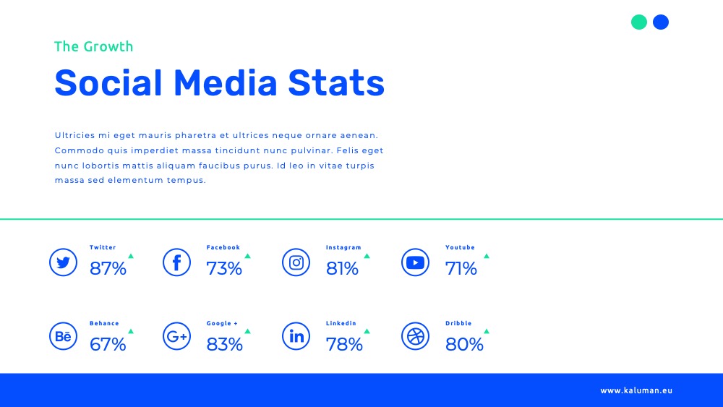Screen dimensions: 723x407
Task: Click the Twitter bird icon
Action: [63, 262]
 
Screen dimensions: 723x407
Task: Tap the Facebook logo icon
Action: [176, 262]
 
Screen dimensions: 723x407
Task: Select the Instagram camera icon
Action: [296, 262]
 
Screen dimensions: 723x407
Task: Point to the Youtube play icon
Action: [416, 262]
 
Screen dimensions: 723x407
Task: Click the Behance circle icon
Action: [63, 336]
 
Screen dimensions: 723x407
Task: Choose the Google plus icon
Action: [176, 336]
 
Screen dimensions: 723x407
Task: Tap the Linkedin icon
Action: [296, 336]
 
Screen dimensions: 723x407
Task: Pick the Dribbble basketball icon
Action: [416, 336]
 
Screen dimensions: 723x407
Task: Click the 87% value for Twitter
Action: [108, 268]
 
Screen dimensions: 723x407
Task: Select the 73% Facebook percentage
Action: [224, 268]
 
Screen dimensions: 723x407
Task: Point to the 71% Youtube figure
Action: [461, 268]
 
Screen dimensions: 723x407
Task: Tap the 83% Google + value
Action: [225, 344]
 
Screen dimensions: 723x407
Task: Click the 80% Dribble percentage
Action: [464, 344]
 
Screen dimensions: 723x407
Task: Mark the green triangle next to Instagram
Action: [367, 256]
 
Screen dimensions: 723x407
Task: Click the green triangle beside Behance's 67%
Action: [131, 331]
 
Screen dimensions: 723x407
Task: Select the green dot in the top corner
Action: [639, 22]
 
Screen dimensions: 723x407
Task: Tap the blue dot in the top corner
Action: [661, 22]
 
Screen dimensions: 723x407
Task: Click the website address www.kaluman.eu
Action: [636, 390]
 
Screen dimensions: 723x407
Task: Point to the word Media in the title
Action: [226, 83]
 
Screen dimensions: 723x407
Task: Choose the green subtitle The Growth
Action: [93, 46]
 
